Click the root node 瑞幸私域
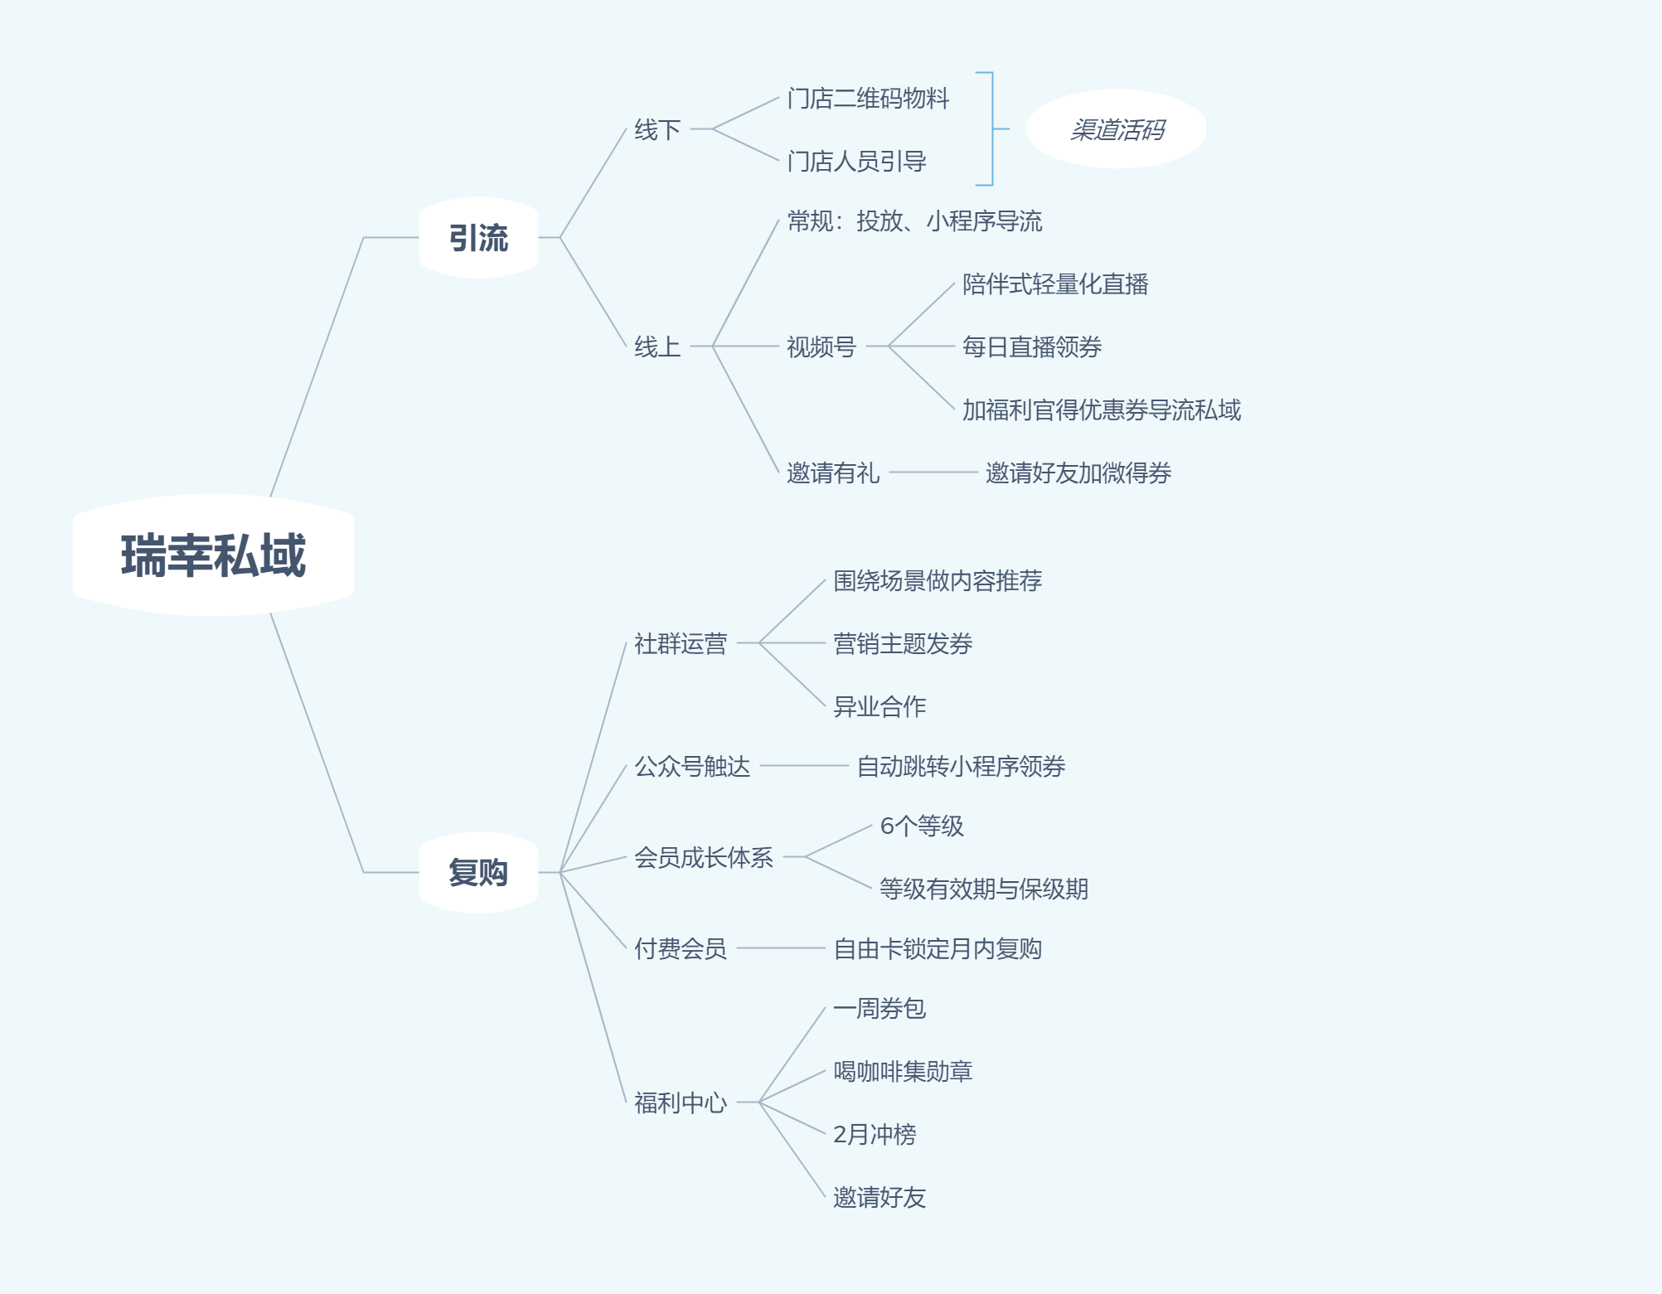click(x=213, y=555)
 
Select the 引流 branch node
click(x=478, y=238)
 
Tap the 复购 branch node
click(x=478, y=872)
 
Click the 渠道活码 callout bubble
click(x=1116, y=129)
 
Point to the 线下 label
click(x=657, y=130)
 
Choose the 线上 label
click(x=657, y=347)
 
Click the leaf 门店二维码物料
click(x=868, y=99)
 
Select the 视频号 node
click(x=821, y=347)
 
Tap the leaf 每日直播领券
click(x=1032, y=347)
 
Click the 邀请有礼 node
click(x=833, y=473)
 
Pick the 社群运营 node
click(x=681, y=643)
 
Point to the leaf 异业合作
click(x=879, y=706)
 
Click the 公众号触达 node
click(x=692, y=766)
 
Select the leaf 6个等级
click(x=922, y=826)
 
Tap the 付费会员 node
click(x=681, y=948)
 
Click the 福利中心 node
click(x=681, y=1103)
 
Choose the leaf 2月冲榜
click(x=875, y=1134)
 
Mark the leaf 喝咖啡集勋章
click(x=903, y=1071)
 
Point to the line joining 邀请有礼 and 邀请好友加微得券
click(x=933, y=473)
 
